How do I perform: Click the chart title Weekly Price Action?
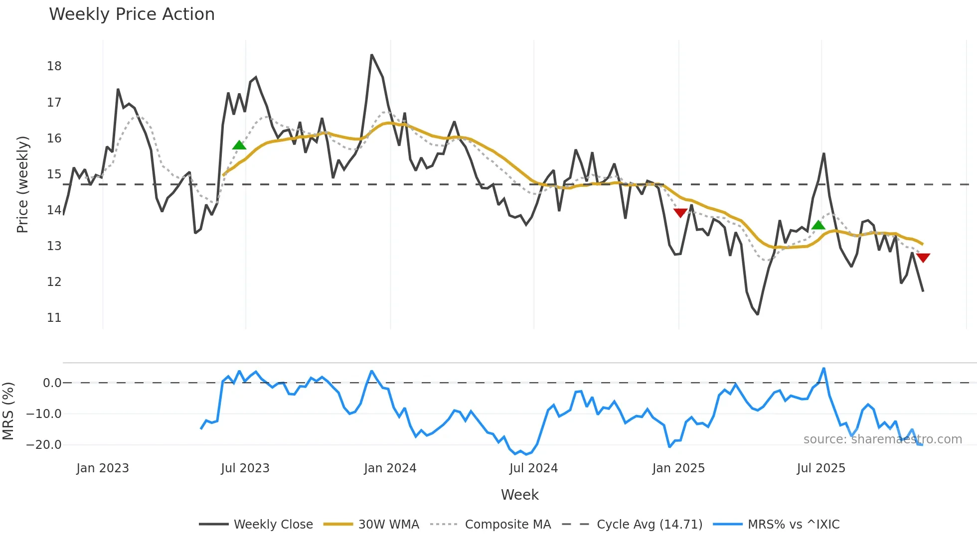(132, 14)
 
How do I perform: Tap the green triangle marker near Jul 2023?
(239, 145)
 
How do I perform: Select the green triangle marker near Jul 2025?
(818, 225)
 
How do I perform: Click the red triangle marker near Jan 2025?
(680, 213)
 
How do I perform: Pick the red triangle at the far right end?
(923, 258)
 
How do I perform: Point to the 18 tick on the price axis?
(54, 66)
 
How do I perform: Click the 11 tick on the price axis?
(54, 318)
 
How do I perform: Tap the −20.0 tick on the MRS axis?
(44, 445)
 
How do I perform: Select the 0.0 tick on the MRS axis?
(52, 383)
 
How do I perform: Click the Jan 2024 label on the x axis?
(390, 468)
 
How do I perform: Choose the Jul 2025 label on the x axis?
(821, 468)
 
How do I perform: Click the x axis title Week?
(519, 495)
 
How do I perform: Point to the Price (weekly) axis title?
(22, 184)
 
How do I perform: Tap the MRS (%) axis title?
(8, 411)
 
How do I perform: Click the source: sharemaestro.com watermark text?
(882, 439)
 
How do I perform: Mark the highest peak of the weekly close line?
(372, 55)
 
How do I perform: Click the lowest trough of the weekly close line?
(758, 314)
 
